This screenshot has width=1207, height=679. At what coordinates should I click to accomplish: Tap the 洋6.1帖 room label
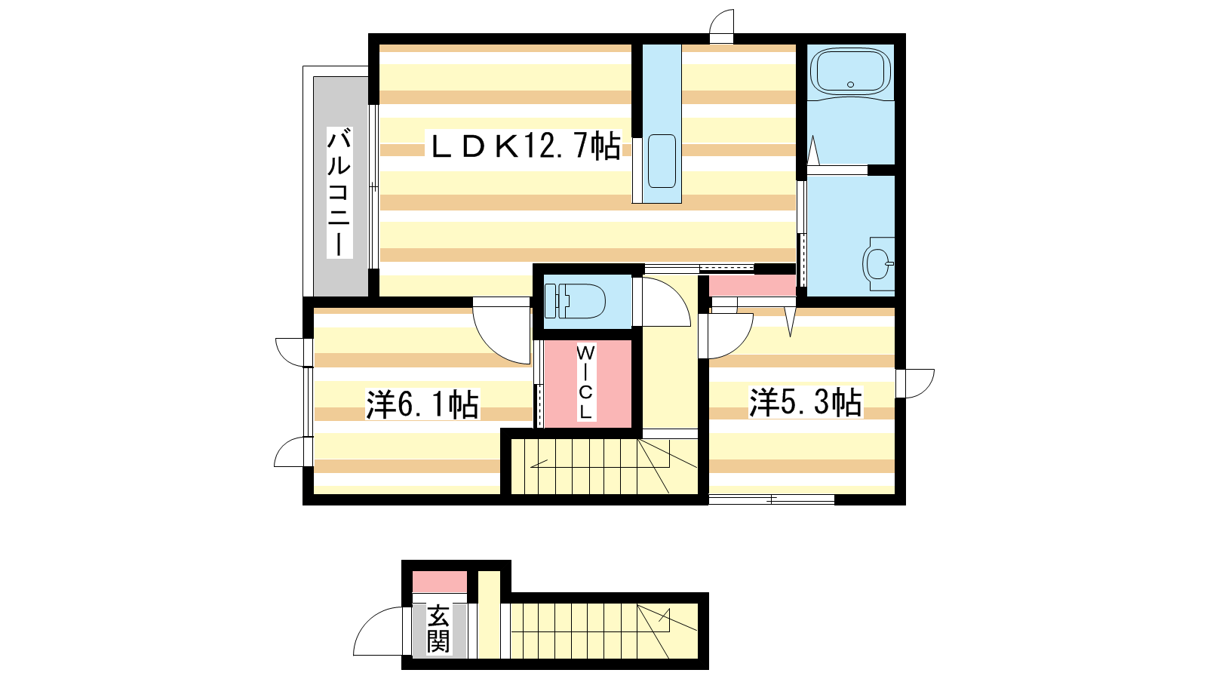point(422,404)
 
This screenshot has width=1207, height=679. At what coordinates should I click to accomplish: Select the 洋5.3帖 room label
point(806,402)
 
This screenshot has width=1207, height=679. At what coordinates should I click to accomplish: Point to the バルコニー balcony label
point(339,192)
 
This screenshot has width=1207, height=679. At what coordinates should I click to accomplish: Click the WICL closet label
point(585,382)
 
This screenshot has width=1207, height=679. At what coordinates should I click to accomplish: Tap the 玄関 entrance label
point(438,629)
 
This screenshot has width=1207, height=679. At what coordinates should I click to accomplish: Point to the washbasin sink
point(878,263)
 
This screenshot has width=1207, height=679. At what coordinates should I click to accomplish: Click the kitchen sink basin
point(662,161)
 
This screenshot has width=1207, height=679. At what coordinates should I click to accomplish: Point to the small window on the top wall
point(721,26)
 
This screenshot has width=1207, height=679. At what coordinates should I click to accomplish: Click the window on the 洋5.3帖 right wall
point(915,384)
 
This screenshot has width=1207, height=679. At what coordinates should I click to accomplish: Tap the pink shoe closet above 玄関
point(440,582)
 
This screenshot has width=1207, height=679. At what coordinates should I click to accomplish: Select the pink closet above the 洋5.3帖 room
point(752,285)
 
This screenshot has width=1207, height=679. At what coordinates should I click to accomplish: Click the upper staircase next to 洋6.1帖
point(604,466)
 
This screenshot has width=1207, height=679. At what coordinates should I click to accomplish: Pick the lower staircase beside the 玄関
point(604,631)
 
